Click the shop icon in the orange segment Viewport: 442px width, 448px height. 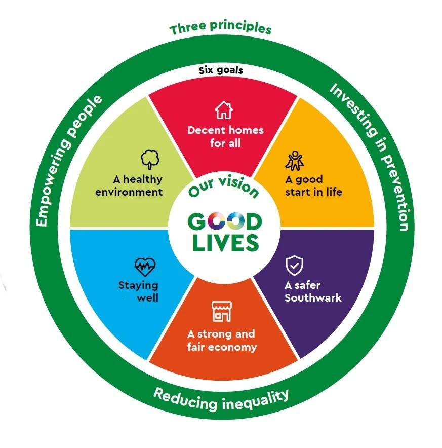pos(220,311)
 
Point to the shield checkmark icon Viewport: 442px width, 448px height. pos(295,265)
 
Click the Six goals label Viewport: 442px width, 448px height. pos(220,70)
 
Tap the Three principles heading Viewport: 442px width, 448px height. pos(220,28)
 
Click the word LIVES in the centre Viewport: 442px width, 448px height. pos(225,243)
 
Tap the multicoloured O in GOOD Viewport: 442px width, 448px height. pos(225,221)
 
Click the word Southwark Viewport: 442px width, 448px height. pos(313,298)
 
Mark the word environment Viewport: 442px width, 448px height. pos(134,192)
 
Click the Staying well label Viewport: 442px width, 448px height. pos(139,291)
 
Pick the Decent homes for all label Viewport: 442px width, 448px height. pos(225,136)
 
